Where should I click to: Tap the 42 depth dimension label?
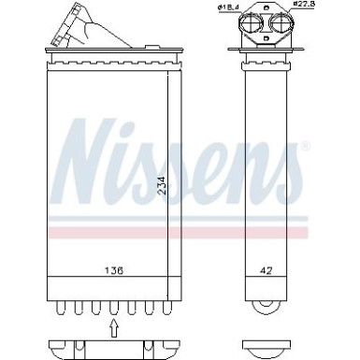tap(265, 271)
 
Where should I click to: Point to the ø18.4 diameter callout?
tap(228, 8)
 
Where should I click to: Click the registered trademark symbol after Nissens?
tap(305, 148)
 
